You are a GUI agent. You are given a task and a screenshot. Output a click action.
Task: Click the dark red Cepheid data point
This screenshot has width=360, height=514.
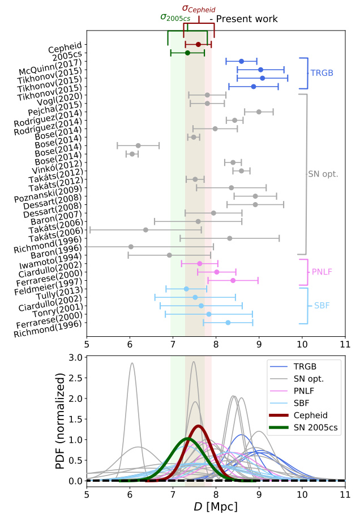click(198, 44)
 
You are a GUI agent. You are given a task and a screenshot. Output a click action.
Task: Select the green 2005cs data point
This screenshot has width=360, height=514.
click(187, 53)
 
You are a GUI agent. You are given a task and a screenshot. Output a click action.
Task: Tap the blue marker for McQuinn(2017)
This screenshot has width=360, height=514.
click(241, 61)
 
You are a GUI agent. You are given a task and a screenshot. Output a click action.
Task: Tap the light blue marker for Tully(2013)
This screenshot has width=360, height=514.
click(186, 289)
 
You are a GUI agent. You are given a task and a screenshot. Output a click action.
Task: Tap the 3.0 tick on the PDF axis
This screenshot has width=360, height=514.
click(76, 357)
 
